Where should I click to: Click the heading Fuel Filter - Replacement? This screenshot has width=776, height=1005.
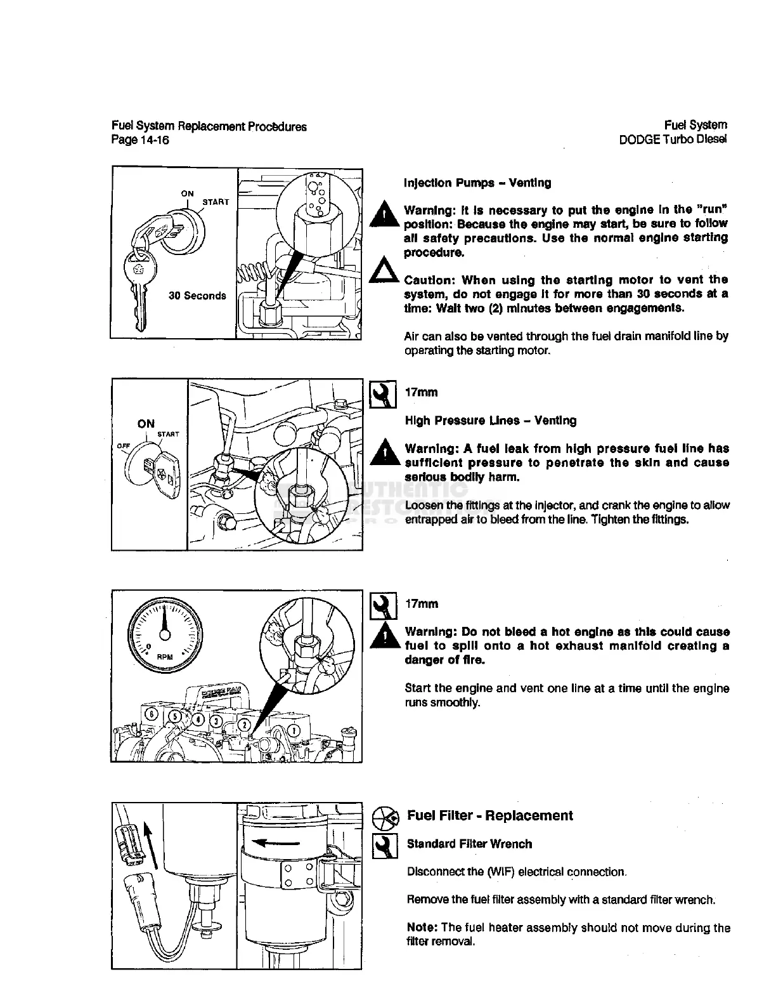point(489,816)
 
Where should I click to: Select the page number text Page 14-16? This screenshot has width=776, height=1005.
point(140,140)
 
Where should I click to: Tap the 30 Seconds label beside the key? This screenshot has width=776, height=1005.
point(197,296)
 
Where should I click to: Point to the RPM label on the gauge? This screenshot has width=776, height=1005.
point(165,657)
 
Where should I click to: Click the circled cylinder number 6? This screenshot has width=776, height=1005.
point(153,713)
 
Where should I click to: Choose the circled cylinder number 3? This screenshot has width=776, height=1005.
point(216,721)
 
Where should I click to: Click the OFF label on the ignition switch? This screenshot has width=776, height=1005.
point(123,446)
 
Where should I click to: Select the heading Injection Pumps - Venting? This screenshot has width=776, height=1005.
point(477,183)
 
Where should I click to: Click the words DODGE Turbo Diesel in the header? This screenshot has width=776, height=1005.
point(673,140)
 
